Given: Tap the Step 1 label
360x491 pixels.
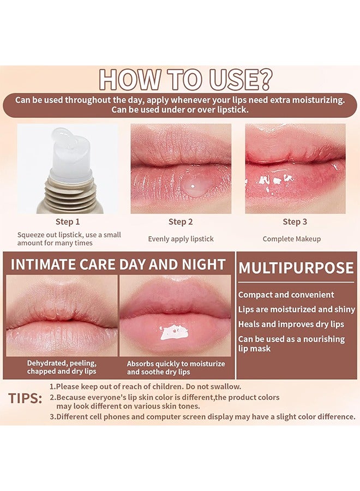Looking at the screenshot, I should coord(68,221).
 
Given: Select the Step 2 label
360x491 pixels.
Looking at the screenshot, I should coord(181,221).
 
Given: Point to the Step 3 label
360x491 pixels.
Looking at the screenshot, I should coord(295,221).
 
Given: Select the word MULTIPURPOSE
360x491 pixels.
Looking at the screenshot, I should coord(296,268).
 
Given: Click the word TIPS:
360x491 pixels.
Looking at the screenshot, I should coord(26,398).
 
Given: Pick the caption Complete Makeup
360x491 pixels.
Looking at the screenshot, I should coord(291,238).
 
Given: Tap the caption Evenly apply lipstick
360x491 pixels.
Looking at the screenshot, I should coord(181,238).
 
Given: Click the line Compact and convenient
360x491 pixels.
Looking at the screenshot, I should coord(286,295).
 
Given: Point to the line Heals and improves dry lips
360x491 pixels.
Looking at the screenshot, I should coord(291,324).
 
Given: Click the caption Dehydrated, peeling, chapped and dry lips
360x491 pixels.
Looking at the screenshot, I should coord(62,367).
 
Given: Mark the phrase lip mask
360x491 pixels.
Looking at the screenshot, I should coord(255,348).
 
